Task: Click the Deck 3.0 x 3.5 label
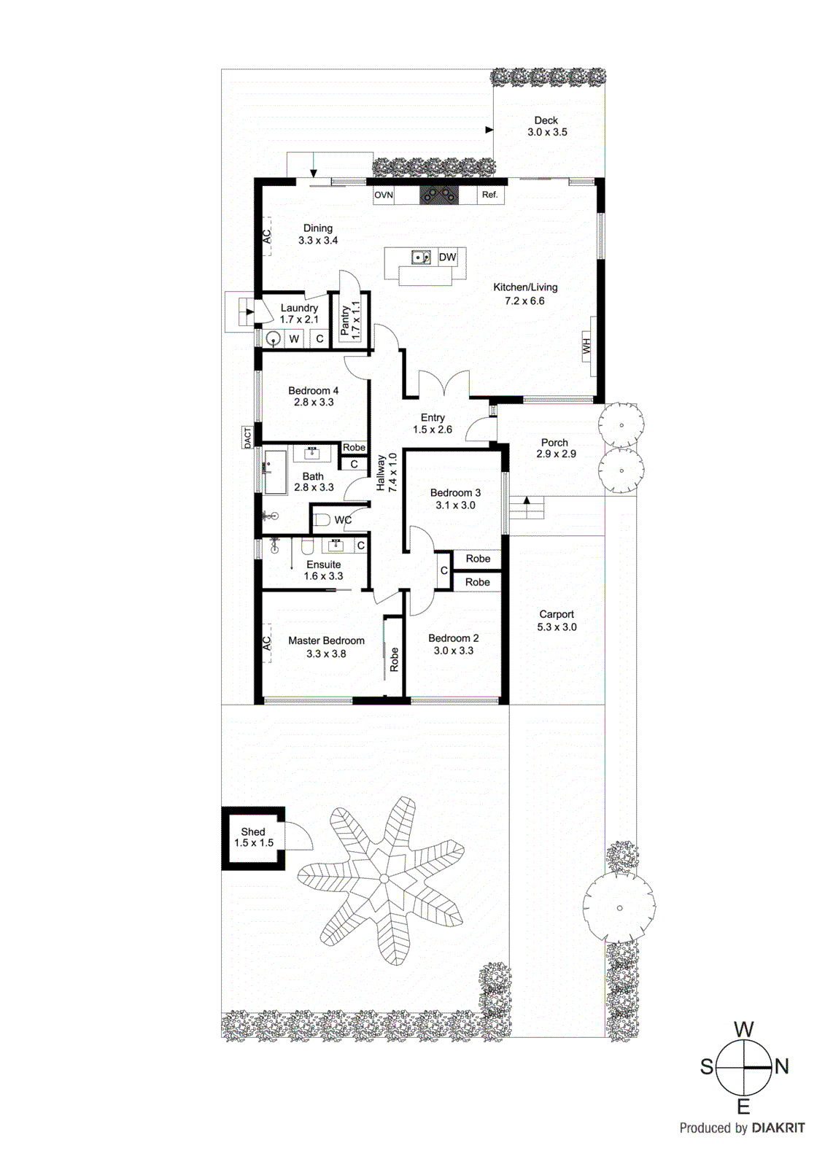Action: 546,126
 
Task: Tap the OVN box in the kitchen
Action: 384,195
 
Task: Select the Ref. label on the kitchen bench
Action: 489,195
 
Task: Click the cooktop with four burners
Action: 438,195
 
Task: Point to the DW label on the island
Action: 447,257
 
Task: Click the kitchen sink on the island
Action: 421,257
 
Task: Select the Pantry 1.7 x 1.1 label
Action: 350,319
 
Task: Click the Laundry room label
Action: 299,314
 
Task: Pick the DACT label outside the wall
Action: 247,438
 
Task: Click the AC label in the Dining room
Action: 267,236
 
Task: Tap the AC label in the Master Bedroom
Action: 267,643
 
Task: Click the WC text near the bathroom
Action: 343,520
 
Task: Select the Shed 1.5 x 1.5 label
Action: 253,837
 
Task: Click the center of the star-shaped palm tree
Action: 384,878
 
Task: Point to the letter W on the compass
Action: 743,1029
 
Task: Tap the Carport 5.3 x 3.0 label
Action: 557,621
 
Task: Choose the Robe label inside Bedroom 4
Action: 354,447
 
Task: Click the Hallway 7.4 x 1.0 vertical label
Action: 386,473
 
